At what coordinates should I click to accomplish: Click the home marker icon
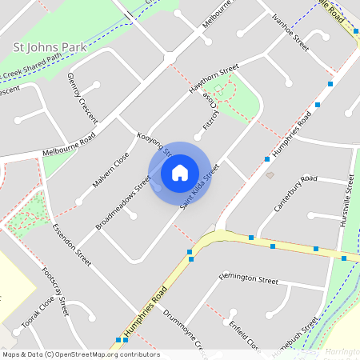click(x=180, y=173)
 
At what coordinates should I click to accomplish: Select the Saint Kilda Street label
click(x=200, y=187)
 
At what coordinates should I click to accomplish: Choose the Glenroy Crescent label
click(x=82, y=97)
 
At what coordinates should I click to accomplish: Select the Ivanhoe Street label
click(x=290, y=32)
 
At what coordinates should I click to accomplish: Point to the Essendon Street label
click(x=71, y=244)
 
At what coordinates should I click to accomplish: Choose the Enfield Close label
click(x=243, y=334)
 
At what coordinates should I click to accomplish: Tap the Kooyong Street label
click(x=154, y=144)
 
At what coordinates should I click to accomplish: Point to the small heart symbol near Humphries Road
click(x=270, y=174)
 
